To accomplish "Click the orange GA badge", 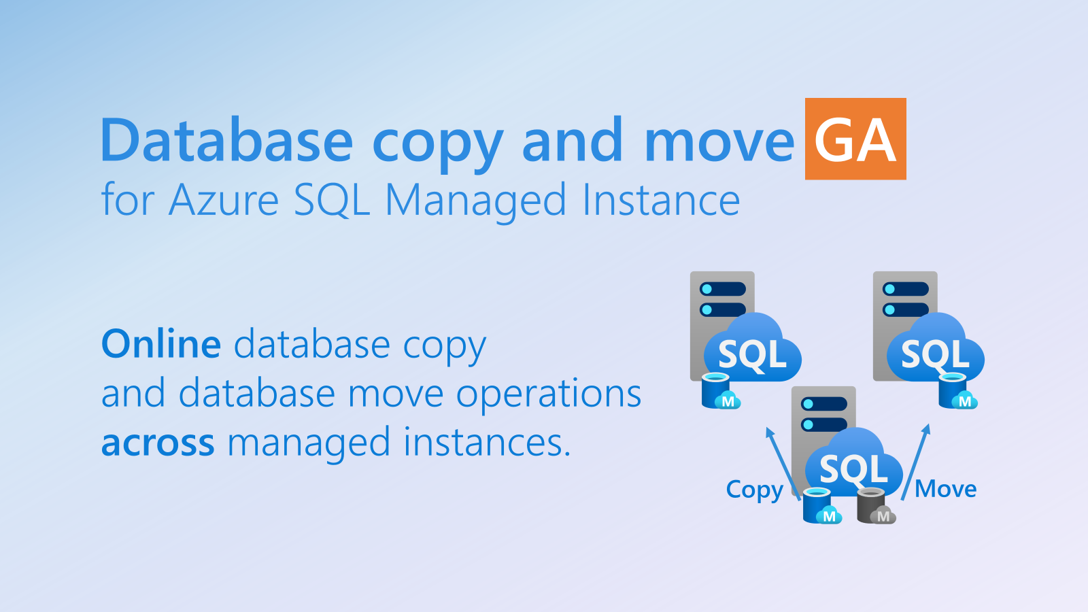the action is (x=855, y=139).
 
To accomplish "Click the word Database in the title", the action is (x=226, y=140).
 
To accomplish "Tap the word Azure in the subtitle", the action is (x=224, y=200).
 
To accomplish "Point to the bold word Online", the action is (x=161, y=344).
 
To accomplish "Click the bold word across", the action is (x=158, y=443).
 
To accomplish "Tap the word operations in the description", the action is (x=549, y=394).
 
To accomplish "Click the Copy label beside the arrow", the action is (x=754, y=490).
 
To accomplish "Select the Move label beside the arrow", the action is (x=945, y=489).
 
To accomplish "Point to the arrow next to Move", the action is (x=915, y=462).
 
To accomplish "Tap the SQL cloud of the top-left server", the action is (x=752, y=348).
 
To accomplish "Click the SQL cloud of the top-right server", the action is (x=936, y=348).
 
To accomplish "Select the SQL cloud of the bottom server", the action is (x=854, y=463).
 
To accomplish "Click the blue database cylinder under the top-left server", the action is (x=720, y=391).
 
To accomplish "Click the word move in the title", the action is (x=719, y=140).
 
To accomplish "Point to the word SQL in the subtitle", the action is (x=332, y=200).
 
